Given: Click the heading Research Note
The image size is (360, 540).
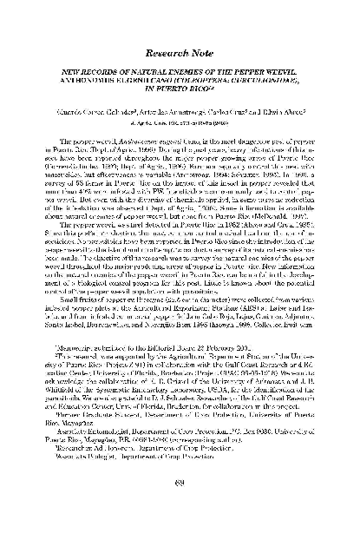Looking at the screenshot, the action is pos(180,39).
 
